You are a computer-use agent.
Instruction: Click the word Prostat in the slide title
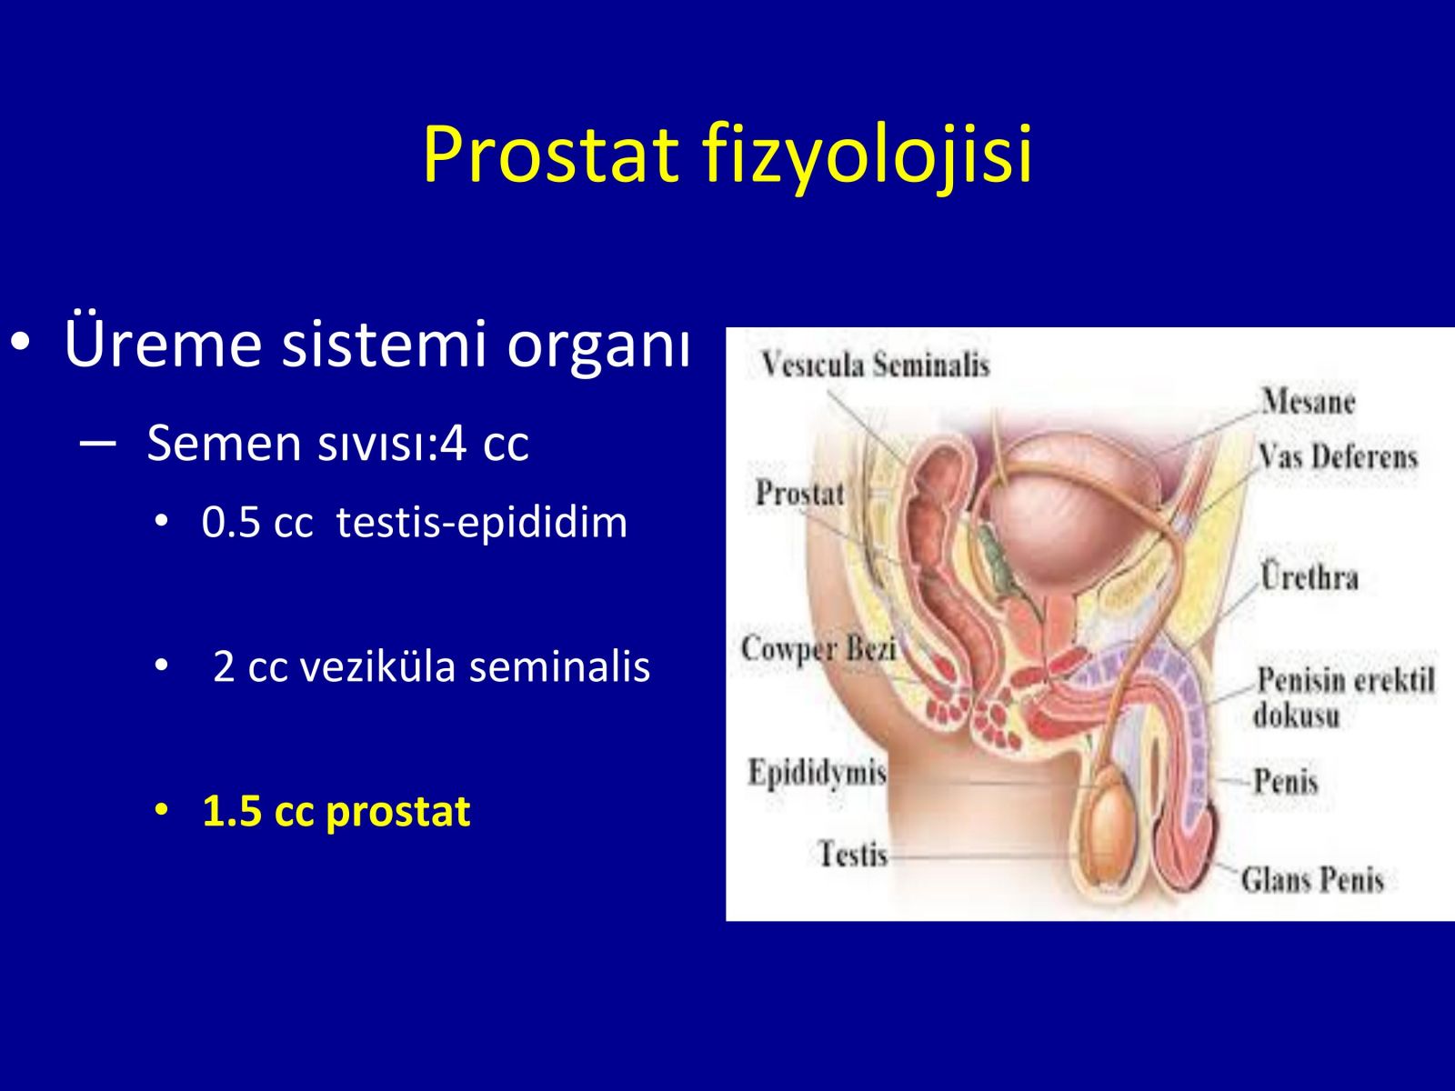pyautogui.click(x=551, y=154)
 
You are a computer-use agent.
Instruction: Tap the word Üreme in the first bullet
pyautogui.click(x=163, y=343)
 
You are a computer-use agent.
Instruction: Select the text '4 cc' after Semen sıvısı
pyautogui.click(x=485, y=443)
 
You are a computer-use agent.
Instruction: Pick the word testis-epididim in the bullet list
pyautogui.click(x=482, y=524)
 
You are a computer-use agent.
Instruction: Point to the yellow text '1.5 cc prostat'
pyautogui.click(x=336, y=812)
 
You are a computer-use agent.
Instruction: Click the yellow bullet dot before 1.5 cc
pyautogui.click(x=161, y=810)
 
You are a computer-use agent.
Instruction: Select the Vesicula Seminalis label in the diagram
pyautogui.click(x=875, y=365)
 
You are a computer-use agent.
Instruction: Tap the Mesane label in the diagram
pyautogui.click(x=1308, y=402)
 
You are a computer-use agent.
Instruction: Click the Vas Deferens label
pyautogui.click(x=1338, y=456)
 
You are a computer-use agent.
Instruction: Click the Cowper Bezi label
pyautogui.click(x=818, y=648)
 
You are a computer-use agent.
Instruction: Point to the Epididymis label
pyautogui.click(x=818, y=773)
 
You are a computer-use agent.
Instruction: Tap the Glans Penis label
pyautogui.click(x=1312, y=880)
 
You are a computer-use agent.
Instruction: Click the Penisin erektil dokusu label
pyautogui.click(x=1344, y=696)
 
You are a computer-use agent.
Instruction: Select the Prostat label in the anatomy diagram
pyautogui.click(x=800, y=493)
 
